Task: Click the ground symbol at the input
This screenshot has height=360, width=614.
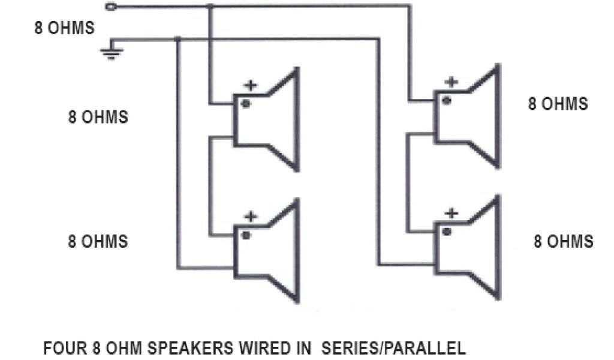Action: [x=110, y=52]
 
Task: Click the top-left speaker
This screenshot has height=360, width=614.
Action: [x=266, y=120]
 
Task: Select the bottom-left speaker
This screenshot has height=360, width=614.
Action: [x=266, y=251]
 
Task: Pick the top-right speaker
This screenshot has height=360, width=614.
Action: [x=467, y=117]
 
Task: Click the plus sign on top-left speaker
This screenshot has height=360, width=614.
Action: [x=251, y=85]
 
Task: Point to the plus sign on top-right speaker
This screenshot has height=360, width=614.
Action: [x=452, y=82]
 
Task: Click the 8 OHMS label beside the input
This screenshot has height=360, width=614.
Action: [x=64, y=29]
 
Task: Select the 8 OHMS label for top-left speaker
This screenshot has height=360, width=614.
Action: [x=98, y=116]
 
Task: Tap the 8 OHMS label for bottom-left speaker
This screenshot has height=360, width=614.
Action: [x=98, y=241]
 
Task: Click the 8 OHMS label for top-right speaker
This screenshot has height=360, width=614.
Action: [x=558, y=104]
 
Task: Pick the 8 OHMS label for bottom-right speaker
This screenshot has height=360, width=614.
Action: [x=563, y=241]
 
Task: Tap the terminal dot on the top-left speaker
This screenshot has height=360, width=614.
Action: [x=245, y=103]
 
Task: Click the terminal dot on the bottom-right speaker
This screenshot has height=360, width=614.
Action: [x=446, y=231]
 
